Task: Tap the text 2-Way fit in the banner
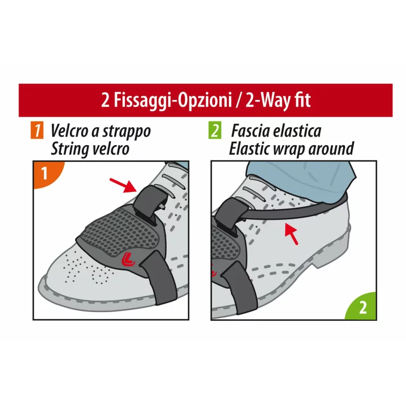[x=278, y=100]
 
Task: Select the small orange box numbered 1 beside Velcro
[x=37, y=131]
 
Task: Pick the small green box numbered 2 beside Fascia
[x=215, y=131]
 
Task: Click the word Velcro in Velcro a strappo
[x=70, y=131]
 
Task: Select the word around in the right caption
[x=332, y=149]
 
